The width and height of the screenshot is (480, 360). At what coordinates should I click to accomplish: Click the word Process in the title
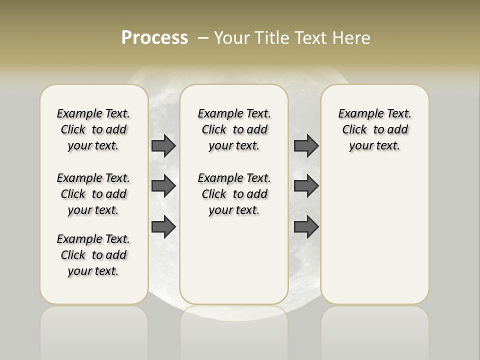click(154, 38)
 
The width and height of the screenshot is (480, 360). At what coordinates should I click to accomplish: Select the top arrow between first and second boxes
click(163, 145)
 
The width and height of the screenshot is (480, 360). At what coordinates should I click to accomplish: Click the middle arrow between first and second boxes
click(163, 186)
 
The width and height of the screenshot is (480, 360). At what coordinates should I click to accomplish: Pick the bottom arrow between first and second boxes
click(163, 227)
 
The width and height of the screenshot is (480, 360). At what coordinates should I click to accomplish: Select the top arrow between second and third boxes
click(306, 145)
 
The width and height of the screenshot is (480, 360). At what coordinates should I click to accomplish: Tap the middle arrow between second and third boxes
click(306, 186)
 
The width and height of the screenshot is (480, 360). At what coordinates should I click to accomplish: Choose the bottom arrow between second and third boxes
click(306, 227)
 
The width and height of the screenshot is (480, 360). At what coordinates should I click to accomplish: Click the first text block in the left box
click(93, 129)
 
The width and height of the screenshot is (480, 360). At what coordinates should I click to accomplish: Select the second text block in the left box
click(93, 194)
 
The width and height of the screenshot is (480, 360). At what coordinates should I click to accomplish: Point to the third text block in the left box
click(93, 255)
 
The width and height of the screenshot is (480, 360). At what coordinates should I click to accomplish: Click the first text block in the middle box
click(234, 129)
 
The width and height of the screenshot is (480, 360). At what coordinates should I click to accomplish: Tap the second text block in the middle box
click(234, 194)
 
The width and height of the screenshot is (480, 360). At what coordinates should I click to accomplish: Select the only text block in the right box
click(374, 129)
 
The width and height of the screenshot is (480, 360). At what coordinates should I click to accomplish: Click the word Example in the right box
click(356, 114)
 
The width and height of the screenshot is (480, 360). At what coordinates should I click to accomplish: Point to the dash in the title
click(203, 38)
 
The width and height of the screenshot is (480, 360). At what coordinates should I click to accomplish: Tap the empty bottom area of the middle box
click(234, 265)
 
